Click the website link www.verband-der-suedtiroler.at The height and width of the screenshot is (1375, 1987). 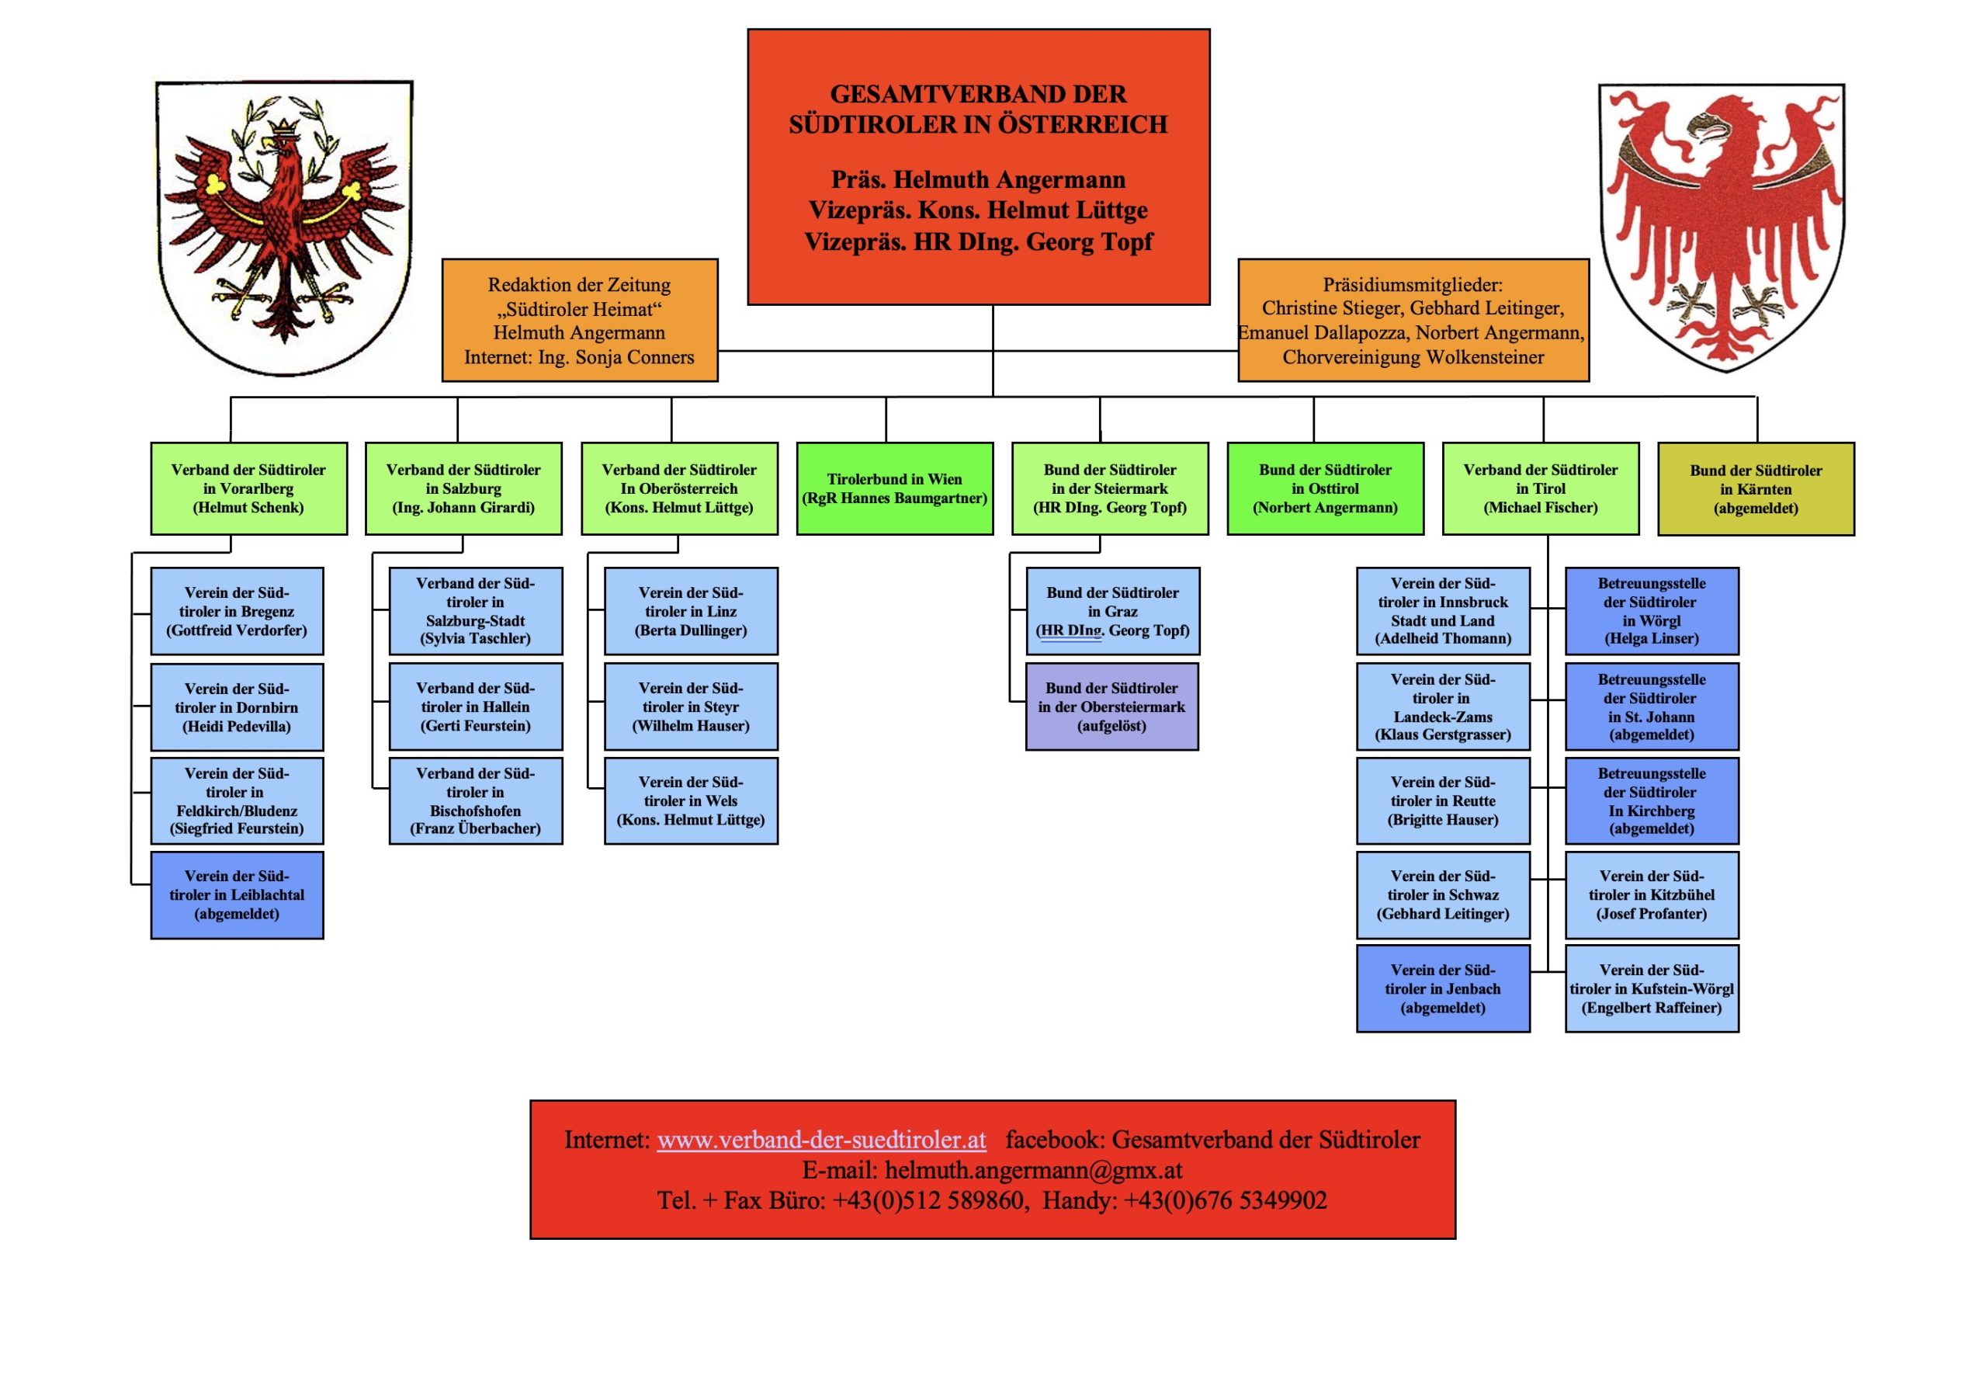[821, 1140]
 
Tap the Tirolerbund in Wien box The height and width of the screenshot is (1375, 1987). [894, 488]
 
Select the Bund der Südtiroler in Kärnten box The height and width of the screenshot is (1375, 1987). [1755, 489]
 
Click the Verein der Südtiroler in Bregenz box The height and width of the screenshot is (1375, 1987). [237, 611]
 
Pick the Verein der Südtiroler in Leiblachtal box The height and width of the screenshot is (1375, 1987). [237, 894]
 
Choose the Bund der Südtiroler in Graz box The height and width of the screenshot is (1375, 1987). [1112, 611]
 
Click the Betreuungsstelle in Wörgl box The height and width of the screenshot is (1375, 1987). [1651, 611]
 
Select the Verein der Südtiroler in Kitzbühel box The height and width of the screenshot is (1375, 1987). [1651, 894]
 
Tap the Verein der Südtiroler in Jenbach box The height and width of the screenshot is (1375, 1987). [1443, 988]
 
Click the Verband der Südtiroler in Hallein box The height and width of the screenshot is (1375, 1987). [476, 707]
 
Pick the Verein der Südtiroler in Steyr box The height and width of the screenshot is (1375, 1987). [691, 707]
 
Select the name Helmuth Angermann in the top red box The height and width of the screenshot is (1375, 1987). [1008, 179]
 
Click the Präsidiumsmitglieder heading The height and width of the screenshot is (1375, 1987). [1413, 285]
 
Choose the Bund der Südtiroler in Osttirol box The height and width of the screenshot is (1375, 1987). [1325, 488]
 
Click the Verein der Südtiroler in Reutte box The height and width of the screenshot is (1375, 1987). [1443, 800]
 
